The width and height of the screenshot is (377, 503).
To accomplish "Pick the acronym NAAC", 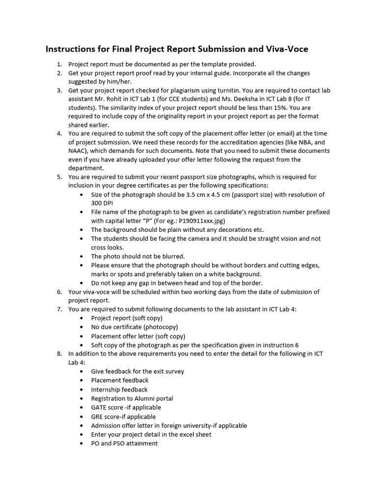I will point(78,151).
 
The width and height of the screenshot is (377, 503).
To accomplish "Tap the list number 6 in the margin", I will point(59,292).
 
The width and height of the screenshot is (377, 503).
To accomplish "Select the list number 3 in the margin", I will point(59,90).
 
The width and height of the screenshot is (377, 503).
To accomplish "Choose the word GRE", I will point(98,417).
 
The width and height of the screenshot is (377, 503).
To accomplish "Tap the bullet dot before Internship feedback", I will point(81,390).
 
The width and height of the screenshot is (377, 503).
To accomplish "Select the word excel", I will point(188,434).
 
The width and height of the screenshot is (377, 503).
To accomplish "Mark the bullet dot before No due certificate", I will point(81,327).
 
